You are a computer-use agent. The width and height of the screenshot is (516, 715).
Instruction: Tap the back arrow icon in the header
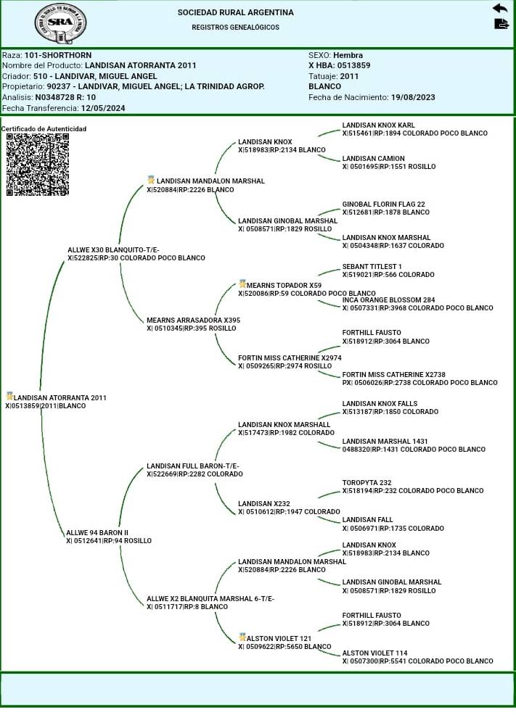point(500,8)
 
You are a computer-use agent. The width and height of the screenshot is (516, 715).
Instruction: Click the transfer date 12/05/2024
point(103,108)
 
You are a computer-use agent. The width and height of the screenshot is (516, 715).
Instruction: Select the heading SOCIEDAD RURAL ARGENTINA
point(236,12)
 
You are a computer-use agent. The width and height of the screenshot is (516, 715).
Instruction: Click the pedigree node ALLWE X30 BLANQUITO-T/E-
point(113,249)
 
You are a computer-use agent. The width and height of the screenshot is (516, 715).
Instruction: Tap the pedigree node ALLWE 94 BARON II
point(97,532)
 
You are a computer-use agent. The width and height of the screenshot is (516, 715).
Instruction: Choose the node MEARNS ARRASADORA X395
point(193,320)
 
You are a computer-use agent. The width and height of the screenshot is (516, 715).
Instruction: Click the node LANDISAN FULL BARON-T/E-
point(193,466)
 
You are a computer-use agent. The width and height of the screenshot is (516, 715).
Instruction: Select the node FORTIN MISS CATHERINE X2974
point(290,357)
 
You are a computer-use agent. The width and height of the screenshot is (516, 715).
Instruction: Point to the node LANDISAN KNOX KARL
point(379,125)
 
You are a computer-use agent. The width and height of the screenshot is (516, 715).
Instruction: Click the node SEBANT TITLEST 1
point(372,267)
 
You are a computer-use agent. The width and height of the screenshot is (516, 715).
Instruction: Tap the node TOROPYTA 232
point(366,483)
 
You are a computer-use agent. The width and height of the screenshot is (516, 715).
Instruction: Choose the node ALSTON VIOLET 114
point(374,653)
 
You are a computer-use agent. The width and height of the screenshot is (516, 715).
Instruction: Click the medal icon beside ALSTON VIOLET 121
point(242,637)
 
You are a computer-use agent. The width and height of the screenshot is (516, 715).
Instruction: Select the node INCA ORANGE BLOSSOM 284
point(388,299)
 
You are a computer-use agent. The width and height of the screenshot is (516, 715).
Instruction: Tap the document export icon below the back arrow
point(501,24)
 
